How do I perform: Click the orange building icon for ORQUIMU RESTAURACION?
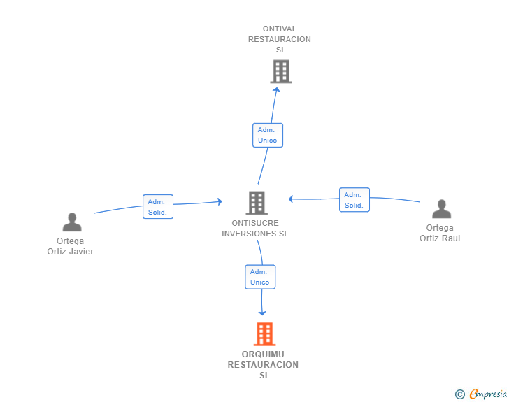click(x=264, y=333)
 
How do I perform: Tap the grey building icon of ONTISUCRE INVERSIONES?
click(x=257, y=203)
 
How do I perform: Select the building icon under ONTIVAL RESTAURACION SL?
click(x=281, y=71)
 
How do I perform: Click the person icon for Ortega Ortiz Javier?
click(x=72, y=222)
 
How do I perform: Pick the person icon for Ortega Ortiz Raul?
click(x=441, y=209)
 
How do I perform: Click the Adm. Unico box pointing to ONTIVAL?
click(x=268, y=135)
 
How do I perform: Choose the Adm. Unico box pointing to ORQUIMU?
click(x=260, y=277)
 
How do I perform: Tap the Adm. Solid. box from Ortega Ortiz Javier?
click(x=158, y=207)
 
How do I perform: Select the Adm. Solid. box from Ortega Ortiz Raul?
click(x=354, y=200)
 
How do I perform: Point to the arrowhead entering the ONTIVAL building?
click(x=277, y=90)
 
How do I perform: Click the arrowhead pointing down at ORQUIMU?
click(x=262, y=313)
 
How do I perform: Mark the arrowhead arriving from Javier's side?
click(x=220, y=201)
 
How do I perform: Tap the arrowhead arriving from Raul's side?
click(x=291, y=199)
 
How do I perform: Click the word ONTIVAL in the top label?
click(x=280, y=29)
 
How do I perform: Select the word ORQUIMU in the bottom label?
click(x=263, y=354)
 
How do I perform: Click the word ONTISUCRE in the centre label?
click(x=255, y=223)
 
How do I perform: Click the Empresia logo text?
click(x=488, y=394)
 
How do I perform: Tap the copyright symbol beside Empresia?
click(x=460, y=394)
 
